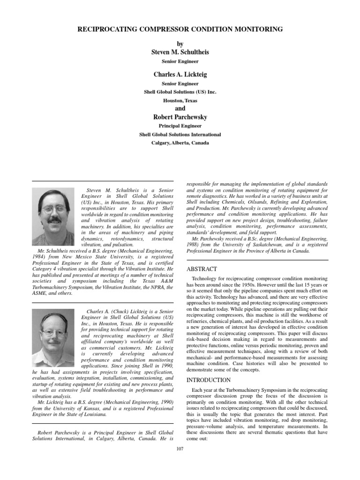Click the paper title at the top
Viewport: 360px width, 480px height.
click(x=180, y=29)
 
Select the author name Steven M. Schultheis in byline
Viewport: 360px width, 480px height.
click(x=180, y=52)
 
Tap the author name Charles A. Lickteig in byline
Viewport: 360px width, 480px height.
click(x=180, y=75)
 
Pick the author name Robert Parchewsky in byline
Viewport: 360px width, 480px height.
click(x=180, y=117)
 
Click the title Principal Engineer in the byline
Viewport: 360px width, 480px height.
click(x=180, y=126)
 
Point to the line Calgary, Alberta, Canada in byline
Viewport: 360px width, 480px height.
click(x=180, y=143)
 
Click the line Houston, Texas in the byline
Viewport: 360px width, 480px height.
click(x=180, y=100)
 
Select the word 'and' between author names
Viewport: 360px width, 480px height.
click(x=180, y=108)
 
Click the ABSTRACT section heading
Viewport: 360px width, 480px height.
click(x=202, y=269)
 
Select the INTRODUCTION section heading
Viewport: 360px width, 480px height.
click(x=209, y=380)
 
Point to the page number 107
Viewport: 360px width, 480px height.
click(x=180, y=449)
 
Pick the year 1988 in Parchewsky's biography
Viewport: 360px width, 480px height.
click(x=194, y=245)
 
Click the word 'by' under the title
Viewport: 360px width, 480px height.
click(x=180, y=43)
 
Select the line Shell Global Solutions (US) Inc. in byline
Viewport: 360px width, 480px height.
click(x=180, y=92)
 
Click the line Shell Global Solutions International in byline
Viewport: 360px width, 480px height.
click(x=180, y=135)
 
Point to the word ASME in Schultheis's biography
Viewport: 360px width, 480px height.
click(x=40, y=293)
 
